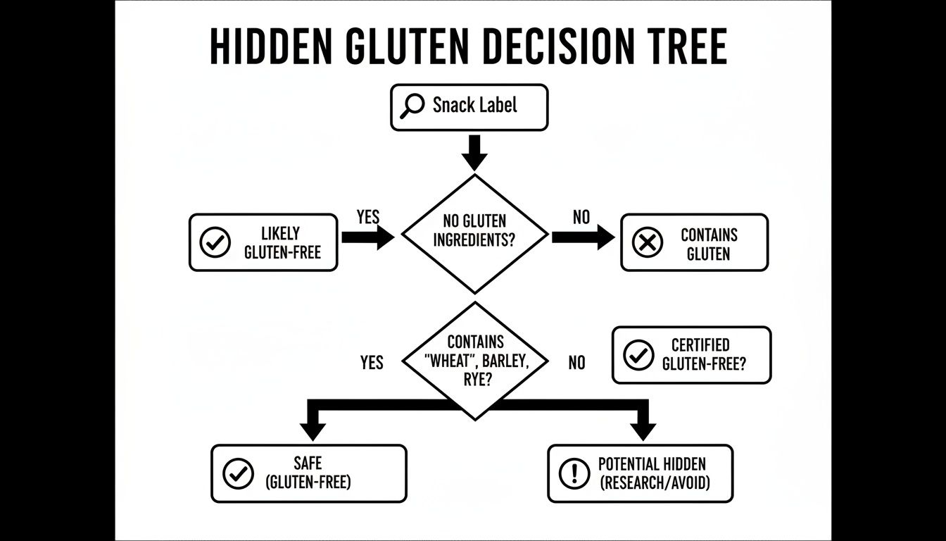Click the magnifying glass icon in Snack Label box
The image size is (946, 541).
[412, 106]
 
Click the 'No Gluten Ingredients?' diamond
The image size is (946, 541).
[474, 232]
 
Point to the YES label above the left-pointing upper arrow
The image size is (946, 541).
[368, 217]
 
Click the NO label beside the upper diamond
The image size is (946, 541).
[581, 217]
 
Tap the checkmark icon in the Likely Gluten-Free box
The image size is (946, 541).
[215, 243]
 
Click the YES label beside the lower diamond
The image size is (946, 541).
[372, 363]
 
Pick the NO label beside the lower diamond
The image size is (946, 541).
[576, 363]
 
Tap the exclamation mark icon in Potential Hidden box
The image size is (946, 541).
[574, 474]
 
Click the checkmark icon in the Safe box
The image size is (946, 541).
[237, 474]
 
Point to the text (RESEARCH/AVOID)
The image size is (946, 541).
[655, 483]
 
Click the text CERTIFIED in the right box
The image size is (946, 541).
[700, 345]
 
